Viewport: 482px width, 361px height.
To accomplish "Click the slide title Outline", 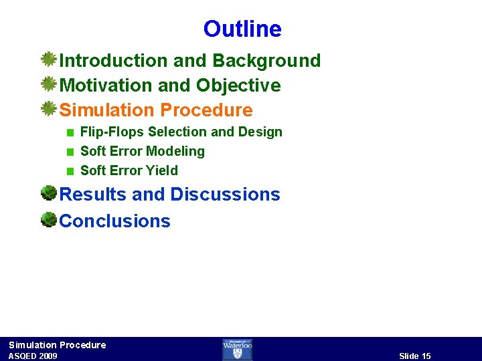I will (242, 29).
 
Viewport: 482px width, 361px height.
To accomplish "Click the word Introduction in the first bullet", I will (114, 61).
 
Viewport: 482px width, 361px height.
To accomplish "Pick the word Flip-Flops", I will (112, 132).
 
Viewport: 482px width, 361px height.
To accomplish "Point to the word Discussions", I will (225, 195).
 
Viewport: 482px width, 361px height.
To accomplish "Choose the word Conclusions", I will (115, 221).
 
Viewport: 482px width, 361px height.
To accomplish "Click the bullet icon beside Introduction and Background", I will (48, 60).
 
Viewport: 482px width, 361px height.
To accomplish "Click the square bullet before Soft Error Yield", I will (70, 171).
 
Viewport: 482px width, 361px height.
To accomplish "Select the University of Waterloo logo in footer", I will (237, 349).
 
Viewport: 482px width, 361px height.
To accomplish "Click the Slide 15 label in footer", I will (414, 356).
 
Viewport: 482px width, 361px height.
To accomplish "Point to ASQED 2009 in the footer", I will (33, 356).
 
